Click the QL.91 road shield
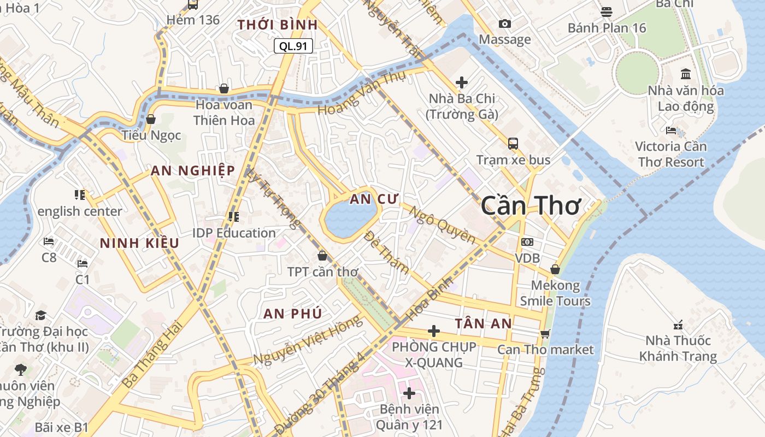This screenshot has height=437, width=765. pyautogui.click(x=293, y=46)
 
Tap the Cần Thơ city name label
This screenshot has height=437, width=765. pyautogui.click(x=530, y=206)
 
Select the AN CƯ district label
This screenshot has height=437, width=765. pyautogui.click(x=375, y=199)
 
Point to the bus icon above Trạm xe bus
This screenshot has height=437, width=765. pyautogui.click(x=513, y=144)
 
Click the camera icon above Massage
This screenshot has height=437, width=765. pyautogui.click(x=505, y=23)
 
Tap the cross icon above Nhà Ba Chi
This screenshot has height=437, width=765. pyautogui.click(x=462, y=82)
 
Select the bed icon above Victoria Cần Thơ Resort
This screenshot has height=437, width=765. pyautogui.click(x=671, y=131)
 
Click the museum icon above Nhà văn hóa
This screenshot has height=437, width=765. pyautogui.click(x=686, y=74)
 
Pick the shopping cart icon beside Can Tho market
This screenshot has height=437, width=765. pyautogui.click(x=545, y=334)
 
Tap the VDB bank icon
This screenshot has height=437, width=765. pyautogui.click(x=527, y=242)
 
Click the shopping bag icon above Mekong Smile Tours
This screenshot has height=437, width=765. pyautogui.click(x=555, y=269)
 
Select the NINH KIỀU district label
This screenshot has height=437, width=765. pyautogui.click(x=139, y=243)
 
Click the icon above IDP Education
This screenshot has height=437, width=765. pyautogui.click(x=234, y=217)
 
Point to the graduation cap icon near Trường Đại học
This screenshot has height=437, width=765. pyautogui.click(x=41, y=315)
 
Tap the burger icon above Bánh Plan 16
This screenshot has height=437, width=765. pyautogui.click(x=607, y=11)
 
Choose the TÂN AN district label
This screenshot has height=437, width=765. pyautogui.click(x=483, y=323)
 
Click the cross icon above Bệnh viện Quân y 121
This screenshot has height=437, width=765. pyautogui.click(x=409, y=393)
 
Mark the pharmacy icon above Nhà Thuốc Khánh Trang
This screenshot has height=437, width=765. pyautogui.click(x=678, y=325)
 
